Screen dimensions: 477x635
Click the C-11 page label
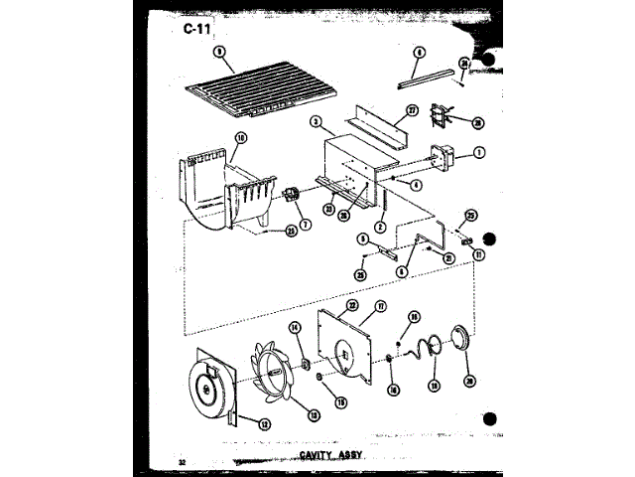pyautogui.click(x=196, y=29)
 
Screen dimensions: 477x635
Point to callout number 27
pyautogui.click(x=413, y=112)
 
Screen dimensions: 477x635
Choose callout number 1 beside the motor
pyautogui.click(x=479, y=152)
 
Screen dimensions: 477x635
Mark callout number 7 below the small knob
pyautogui.click(x=306, y=225)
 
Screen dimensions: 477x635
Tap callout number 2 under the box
pyautogui.click(x=380, y=228)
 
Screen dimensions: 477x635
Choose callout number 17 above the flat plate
pyautogui.click(x=380, y=308)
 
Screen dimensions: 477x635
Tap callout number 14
pyautogui.click(x=294, y=327)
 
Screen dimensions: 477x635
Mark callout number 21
pyautogui.click(x=448, y=258)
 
